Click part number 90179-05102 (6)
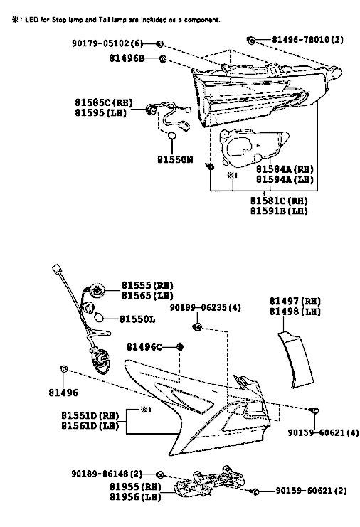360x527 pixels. coord(107,43)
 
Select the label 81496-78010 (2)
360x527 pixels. coord(307,40)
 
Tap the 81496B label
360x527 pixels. coord(127,58)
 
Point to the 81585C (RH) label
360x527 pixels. coord(104,102)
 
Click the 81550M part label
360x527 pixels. coord(175,159)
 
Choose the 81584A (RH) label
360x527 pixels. coord(285,169)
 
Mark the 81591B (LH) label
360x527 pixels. coord(279,211)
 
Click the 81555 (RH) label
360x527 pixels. coord(147,285)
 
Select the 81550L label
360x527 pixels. coord(137,319)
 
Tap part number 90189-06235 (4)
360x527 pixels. coord(205,307)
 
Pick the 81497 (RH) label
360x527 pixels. coord(295,301)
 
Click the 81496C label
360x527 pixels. coord(144,346)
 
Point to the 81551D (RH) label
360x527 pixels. coord(90,416)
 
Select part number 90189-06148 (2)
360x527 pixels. coord(107,474)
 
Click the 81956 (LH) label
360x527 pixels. coord(135,496)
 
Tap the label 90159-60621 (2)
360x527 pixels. coord(311,491)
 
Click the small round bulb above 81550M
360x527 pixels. coord(171,135)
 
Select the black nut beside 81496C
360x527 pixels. coord(180,346)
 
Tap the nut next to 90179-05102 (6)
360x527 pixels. coord(159,43)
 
